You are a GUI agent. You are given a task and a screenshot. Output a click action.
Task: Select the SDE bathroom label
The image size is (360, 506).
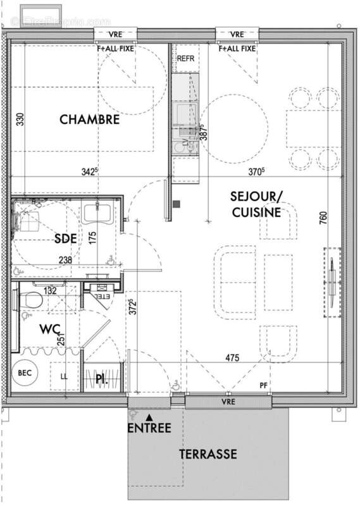(66, 238)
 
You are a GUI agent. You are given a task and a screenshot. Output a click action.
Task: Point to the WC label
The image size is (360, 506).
(50, 330)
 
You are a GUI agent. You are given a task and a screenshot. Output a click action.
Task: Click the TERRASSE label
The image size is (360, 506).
(208, 454)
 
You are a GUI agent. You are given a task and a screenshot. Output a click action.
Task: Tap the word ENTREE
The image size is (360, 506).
(149, 428)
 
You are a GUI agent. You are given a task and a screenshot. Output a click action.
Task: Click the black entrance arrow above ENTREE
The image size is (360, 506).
(149, 417)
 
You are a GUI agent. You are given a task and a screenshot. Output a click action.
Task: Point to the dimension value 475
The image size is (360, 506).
(232, 359)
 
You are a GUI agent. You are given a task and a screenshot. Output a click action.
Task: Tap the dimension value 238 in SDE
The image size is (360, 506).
(65, 259)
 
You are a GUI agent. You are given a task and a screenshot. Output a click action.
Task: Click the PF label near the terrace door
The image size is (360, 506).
(263, 386)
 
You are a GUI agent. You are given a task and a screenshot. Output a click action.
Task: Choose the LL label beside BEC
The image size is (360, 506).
(64, 376)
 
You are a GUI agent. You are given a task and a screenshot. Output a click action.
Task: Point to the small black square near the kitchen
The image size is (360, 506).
(176, 204)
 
